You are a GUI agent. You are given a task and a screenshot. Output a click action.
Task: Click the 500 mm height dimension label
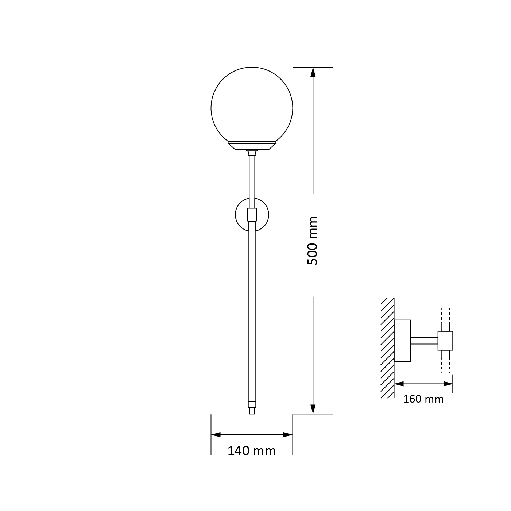point(312,241)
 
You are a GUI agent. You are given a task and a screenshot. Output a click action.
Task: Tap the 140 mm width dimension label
point(252,451)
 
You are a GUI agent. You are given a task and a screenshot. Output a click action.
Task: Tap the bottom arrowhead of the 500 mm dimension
point(313,409)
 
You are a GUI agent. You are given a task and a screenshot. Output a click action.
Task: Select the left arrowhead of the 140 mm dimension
point(216,435)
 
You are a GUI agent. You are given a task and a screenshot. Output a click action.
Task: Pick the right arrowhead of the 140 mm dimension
point(288,435)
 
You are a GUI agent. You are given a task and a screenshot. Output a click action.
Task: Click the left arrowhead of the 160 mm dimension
point(399,384)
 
